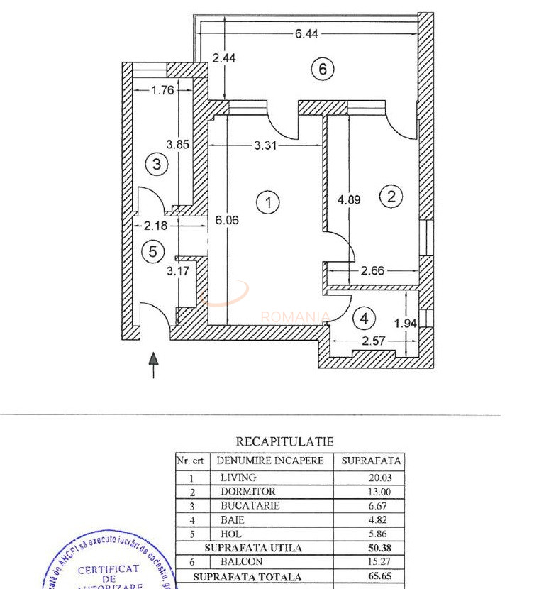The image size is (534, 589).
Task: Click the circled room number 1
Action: tap(268, 202)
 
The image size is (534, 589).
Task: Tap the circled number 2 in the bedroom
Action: tap(391, 197)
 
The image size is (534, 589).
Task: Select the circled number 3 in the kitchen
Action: tap(156, 165)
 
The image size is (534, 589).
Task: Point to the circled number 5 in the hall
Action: tap(152, 251)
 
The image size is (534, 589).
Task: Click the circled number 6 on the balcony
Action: tap(323, 69)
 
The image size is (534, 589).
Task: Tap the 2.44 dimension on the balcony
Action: tap(224, 59)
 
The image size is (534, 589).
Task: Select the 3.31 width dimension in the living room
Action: tap(268, 145)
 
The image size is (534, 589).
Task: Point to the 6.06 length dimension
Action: tap(227, 220)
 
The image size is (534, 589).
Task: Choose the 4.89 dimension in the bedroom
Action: tap(349, 199)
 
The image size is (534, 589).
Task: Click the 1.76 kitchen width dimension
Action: tap(163, 90)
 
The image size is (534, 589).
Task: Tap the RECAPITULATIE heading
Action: tap(284, 441)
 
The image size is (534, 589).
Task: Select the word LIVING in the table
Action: tap(238, 478)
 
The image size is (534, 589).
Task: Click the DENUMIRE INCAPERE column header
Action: tap(270, 461)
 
